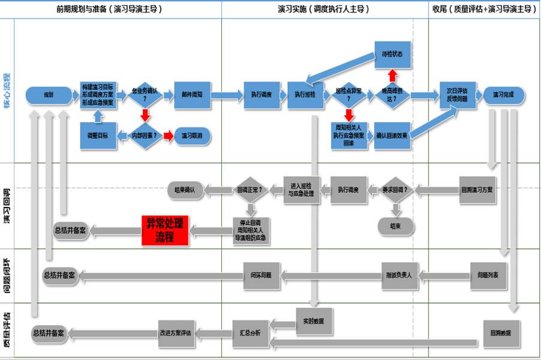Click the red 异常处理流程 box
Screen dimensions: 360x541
164,230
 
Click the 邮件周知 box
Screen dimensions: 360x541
192,95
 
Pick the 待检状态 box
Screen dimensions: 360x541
392,53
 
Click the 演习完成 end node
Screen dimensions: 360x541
503,95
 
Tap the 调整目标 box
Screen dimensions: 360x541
98,136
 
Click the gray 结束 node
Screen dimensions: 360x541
395,226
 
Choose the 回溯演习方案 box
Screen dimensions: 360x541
477,190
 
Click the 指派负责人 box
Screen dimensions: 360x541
401,275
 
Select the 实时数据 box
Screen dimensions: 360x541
314,322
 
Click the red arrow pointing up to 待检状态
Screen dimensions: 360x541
392,74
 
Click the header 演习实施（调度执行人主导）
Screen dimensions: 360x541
323,9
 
